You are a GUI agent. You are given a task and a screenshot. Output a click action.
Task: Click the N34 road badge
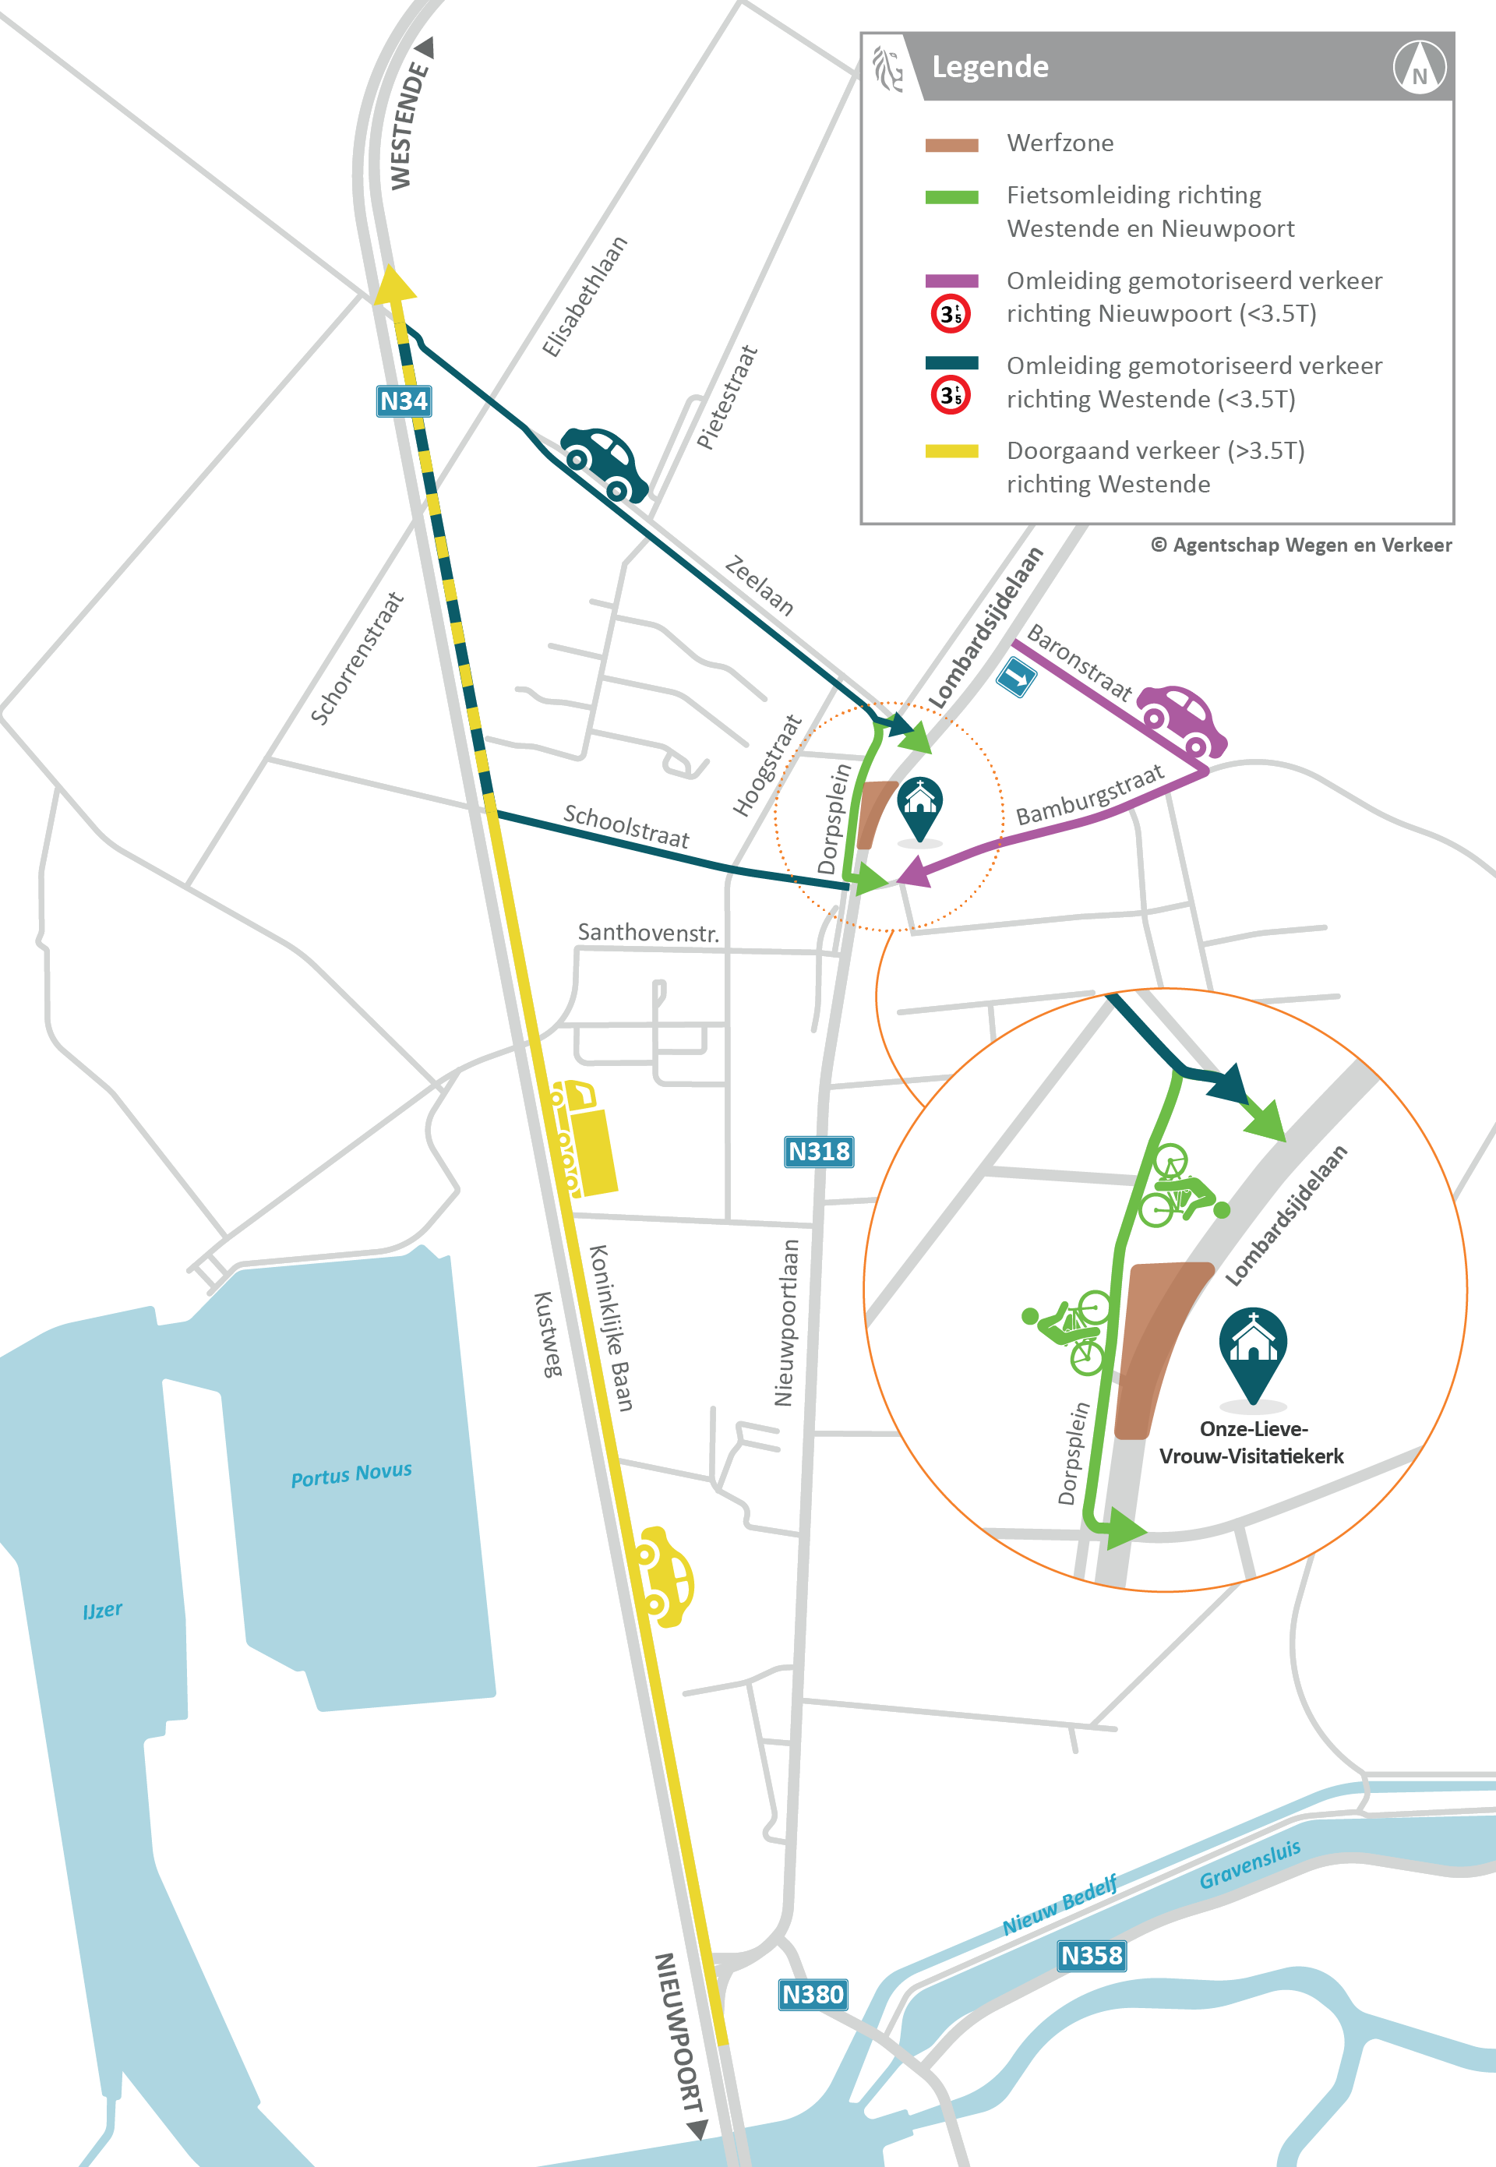[x=403, y=401]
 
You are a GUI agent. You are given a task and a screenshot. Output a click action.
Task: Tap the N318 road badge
[x=818, y=1151]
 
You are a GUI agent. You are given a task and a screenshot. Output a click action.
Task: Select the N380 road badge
[x=813, y=1995]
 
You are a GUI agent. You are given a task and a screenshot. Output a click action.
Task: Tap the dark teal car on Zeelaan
[x=604, y=463]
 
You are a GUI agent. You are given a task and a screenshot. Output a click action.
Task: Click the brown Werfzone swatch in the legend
[x=951, y=145]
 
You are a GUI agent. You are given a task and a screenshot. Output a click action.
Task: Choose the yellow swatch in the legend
[x=951, y=451]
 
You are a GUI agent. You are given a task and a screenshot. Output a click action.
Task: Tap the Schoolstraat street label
[x=626, y=826]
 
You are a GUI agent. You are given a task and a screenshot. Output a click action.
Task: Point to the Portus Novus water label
[x=351, y=1474]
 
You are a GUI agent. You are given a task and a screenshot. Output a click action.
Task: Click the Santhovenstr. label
[x=647, y=933]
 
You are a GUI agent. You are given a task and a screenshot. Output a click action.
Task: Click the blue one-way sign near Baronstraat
[x=1016, y=676]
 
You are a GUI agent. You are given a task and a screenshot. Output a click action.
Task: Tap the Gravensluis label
[x=1250, y=1865]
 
